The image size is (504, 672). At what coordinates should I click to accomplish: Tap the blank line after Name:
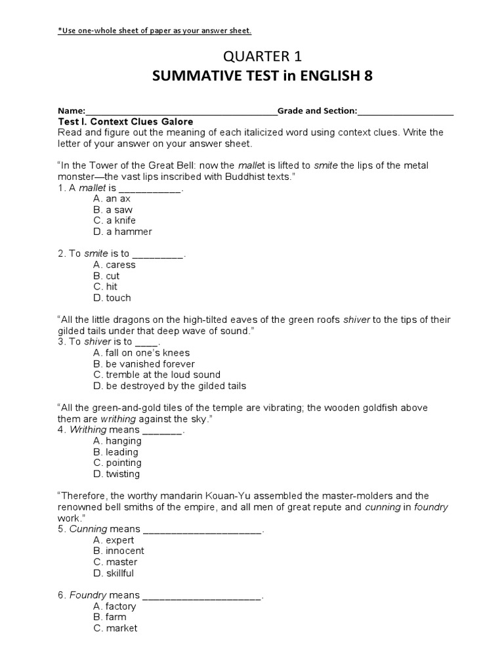coord(181,112)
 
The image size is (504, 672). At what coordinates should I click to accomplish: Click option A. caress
coord(115,265)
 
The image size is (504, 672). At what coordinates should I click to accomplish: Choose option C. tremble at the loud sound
coord(157,375)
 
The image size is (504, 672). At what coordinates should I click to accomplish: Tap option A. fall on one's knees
coord(142,353)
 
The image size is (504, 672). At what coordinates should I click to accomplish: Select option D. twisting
coord(117,474)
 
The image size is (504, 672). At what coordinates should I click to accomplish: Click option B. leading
coord(116,452)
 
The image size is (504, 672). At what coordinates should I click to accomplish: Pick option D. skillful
coord(114,573)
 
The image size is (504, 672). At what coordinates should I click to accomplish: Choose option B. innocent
coord(119,551)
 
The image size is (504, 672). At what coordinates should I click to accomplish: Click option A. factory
coord(115,606)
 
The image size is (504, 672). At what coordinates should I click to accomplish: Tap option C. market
coord(115,628)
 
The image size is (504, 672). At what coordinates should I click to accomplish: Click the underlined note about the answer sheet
coord(155,31)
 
